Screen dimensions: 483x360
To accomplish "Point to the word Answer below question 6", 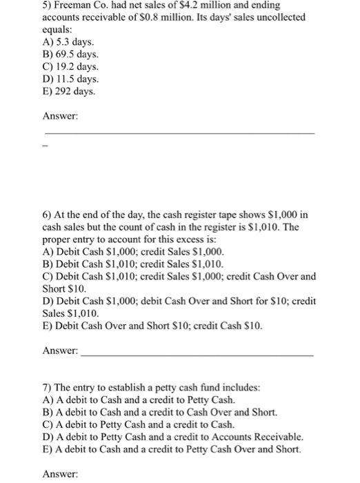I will pos(60,351).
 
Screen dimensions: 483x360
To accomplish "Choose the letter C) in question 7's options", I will pos(49,424).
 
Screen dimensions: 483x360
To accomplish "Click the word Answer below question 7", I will pos(60,474).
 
